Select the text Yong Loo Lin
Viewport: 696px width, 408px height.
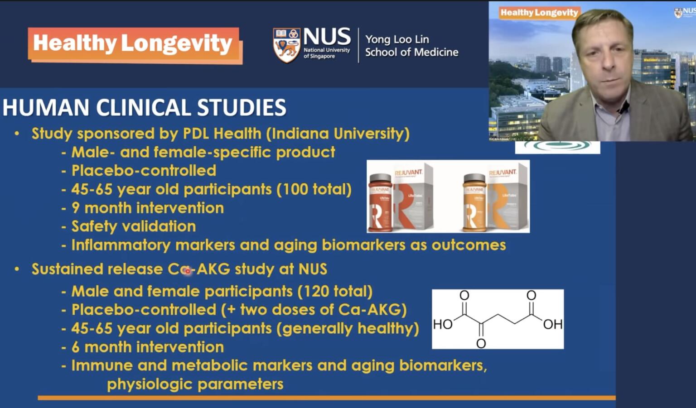click(397, 39)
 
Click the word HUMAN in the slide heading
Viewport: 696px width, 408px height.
click(46, 108)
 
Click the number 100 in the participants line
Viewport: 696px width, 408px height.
click(295, 189)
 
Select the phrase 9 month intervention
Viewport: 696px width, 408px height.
click(148, 208)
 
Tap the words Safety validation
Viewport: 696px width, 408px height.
click(134, 226)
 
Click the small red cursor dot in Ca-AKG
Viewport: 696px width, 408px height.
click(188, 271)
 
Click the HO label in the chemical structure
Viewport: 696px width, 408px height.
click(443, 324)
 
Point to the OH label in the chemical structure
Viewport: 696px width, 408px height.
click(553, 324)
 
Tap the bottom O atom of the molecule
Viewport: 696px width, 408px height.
click(481, 343)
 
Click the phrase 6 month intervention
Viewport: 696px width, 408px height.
click(148, 347)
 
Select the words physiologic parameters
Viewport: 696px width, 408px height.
click(195, 384)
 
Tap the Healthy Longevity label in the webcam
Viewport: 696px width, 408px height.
click(539, 13)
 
